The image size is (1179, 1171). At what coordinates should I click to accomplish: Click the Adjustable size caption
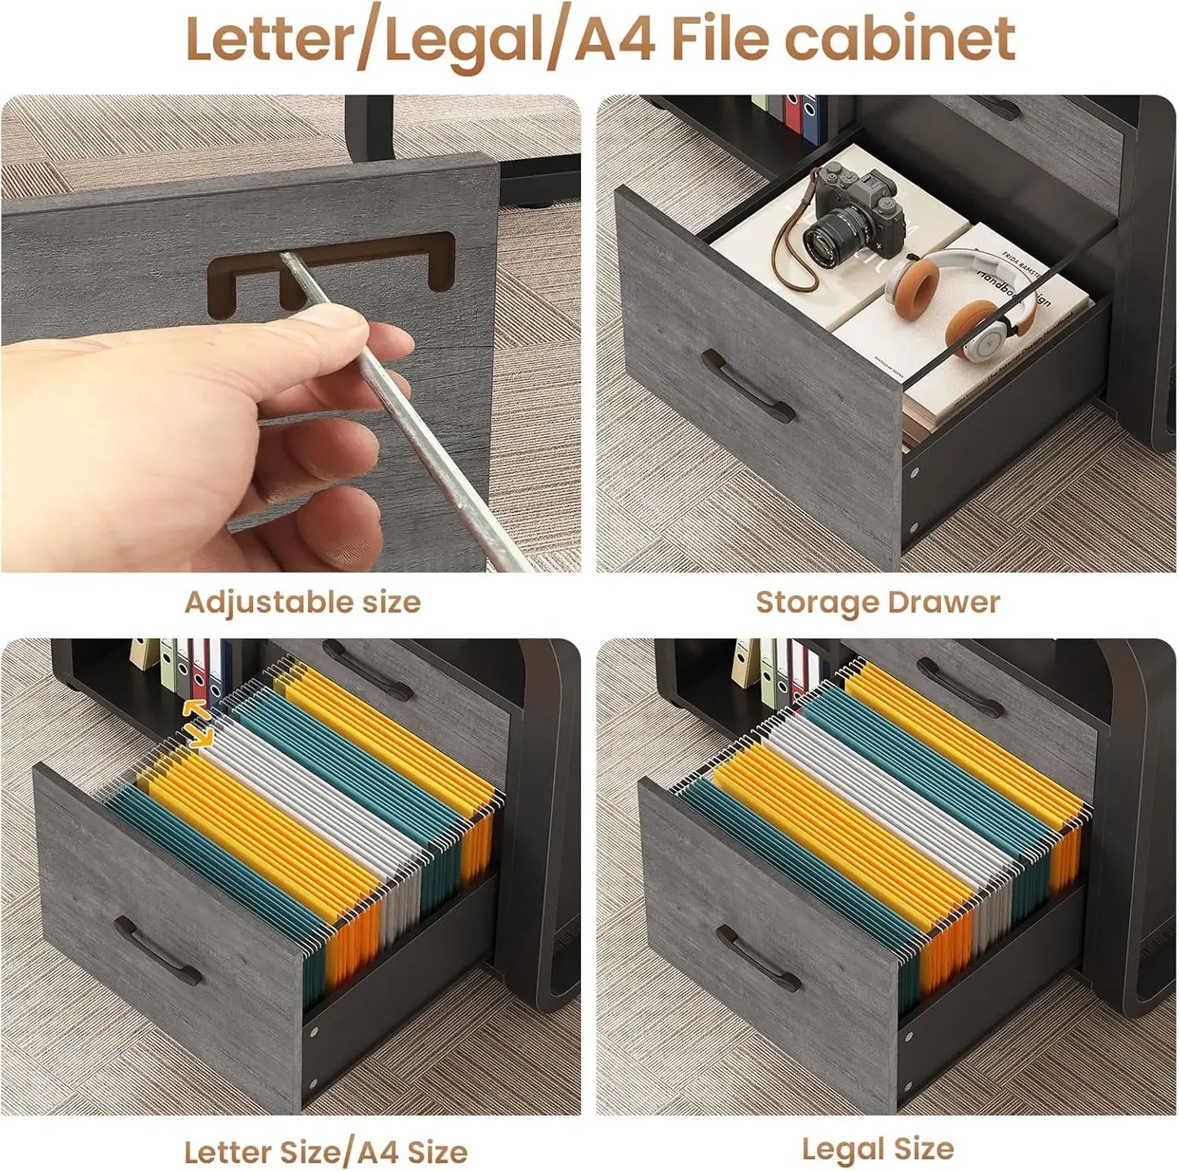(303, 602)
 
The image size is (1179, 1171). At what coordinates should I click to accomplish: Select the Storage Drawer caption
(877, 602)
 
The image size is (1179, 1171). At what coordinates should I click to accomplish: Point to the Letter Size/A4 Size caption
(326, 1151)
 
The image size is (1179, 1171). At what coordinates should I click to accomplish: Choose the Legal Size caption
(877, 1149)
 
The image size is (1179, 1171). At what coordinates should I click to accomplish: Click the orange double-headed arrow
(197, 723)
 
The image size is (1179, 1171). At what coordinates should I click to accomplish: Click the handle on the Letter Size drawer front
(157, 951)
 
